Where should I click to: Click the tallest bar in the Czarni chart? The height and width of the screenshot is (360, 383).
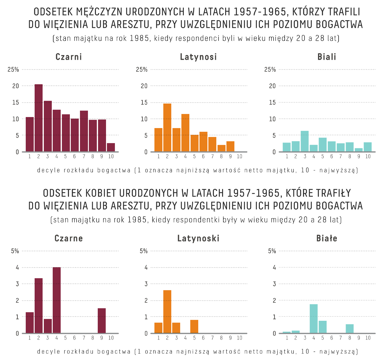coord(39,118)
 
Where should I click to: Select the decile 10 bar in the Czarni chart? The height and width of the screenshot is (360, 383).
coord(111,147)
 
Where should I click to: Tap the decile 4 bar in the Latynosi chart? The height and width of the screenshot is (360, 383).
coord(185,133)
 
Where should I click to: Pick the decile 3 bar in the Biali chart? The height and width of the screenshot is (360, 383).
coord(305,141)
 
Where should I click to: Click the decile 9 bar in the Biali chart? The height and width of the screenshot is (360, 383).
coord(359,150)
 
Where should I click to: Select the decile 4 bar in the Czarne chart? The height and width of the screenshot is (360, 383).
coord(57,300)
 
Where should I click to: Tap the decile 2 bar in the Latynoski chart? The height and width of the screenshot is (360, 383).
coord(167,312)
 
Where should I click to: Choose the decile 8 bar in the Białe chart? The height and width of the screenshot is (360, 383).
coord(350,328)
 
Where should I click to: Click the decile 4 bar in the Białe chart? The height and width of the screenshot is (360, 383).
coord(313,319)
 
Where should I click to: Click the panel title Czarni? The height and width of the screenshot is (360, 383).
coord(69,57)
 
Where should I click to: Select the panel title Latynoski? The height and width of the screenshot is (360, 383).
coord(198,238)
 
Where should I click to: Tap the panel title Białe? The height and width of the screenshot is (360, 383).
coord(327,238)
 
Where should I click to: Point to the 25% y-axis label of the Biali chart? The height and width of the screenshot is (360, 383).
coord(270,70)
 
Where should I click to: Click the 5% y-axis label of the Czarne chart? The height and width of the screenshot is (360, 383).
coord(15,251)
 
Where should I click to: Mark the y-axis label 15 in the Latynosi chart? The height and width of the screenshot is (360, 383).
coord(144,103)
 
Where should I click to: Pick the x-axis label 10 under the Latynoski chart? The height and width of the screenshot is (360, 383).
coord(239,338)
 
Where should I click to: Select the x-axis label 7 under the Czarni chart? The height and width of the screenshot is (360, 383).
coord(84,157)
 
